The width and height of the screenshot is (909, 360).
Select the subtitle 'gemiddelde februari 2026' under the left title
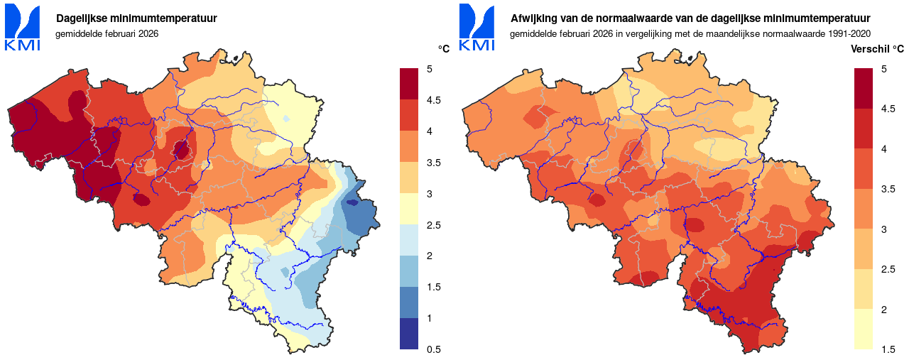click(107, 33)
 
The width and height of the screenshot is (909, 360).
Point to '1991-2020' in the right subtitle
click(850, 33)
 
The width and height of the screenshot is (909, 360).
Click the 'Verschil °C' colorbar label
click(877, 49)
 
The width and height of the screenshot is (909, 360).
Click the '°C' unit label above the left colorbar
click(444, 49)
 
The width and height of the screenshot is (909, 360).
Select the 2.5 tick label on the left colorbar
click(433, 225)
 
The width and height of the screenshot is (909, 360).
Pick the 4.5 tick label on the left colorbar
click(433, 100)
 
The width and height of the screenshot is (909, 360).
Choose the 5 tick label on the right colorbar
click(883, 69)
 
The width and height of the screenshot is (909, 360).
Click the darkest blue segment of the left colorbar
click(410, 334)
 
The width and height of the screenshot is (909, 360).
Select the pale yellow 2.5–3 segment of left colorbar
click(410, 209)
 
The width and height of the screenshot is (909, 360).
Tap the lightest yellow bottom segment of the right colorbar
click(863, 329)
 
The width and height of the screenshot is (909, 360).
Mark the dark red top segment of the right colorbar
click(863, 88)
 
